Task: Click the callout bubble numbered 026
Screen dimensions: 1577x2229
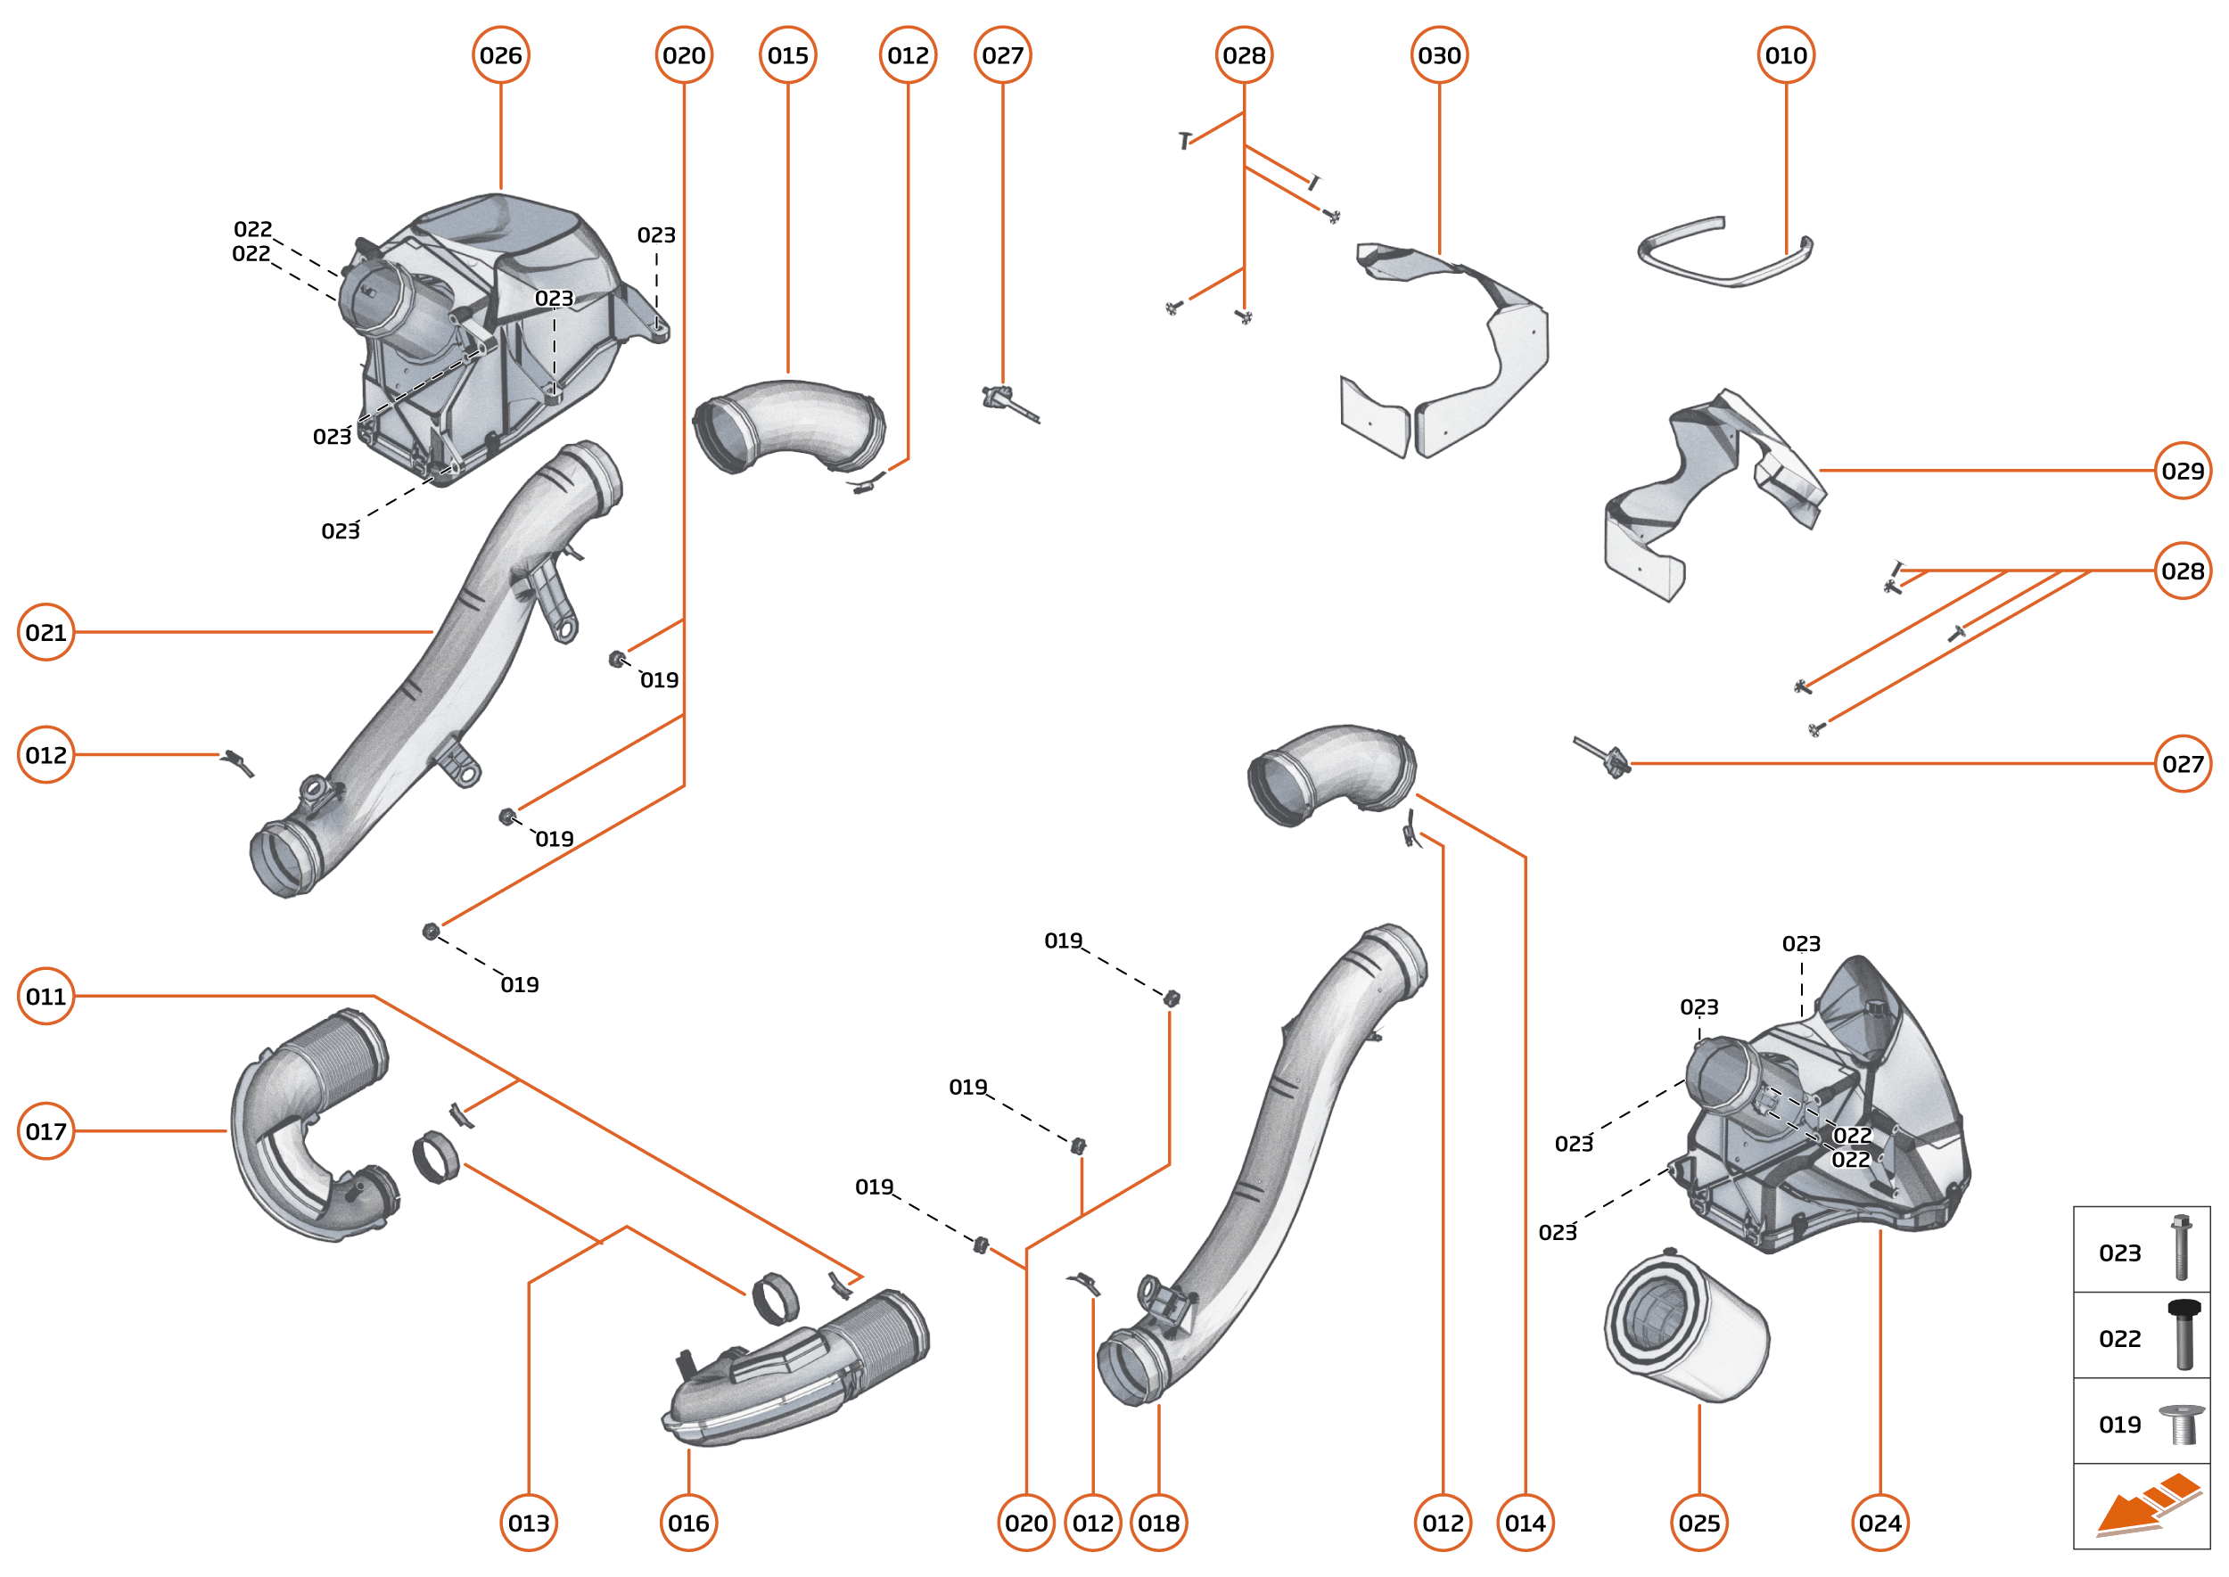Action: [500, 55]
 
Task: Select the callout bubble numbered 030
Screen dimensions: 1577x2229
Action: [1438, 55]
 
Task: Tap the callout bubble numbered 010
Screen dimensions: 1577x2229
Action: [1785, 55]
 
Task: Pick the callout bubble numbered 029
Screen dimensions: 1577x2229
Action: [2183, 471]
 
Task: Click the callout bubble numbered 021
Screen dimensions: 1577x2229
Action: [45, 632]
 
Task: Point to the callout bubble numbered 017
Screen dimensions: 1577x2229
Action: [45, 1131]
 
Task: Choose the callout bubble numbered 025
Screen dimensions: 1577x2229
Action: [1698, 1523]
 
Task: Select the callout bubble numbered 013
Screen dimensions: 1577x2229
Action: [529, 1523]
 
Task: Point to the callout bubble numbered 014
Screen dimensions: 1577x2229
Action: [1525, 1523]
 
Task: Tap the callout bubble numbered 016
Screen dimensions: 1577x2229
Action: [688, 1523]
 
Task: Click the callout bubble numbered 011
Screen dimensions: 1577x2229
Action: [45, 997]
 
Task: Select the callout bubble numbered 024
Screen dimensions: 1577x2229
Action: [1879, 1523]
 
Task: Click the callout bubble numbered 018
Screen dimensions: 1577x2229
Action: [1159, 1523]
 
